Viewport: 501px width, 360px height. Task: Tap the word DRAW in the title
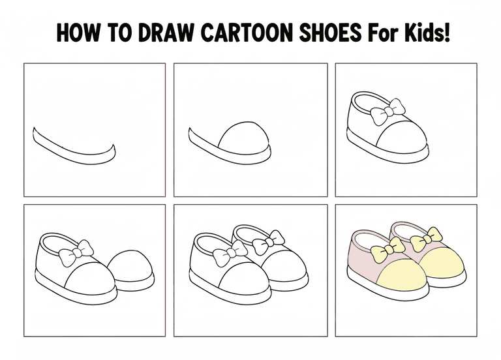pyautogui.click(x=166, y=33)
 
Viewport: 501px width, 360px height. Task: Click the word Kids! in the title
pyautogui.click(x=427, y=32)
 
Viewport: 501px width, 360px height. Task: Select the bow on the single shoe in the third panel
pyautogui.click(x=387, y=112)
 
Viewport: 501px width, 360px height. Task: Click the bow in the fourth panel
pyautogui.click(x=76, y=254)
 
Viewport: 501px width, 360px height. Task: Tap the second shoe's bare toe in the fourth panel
pyautogui.click(x=131, y=266)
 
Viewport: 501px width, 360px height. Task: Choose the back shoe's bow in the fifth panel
pyautogui.click(x=268, y=243)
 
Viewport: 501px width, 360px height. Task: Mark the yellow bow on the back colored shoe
pyautogui.click(x=426, y=240)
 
